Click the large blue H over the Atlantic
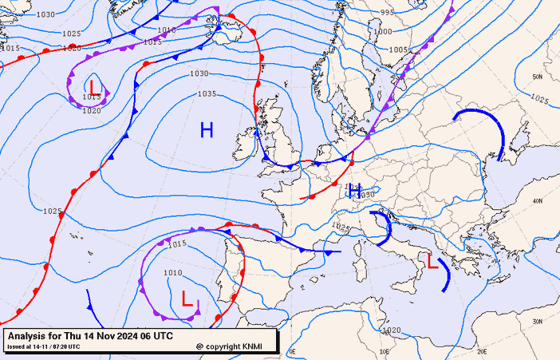pos(207,129)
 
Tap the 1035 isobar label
pos(207,94)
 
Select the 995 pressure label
pos(388,13)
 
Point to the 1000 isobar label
pos(383,32)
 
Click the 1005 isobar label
pos(398,49)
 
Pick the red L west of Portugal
pos(187,299)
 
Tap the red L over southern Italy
pos(432,261)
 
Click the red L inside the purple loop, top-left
pos(95,86)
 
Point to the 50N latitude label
pos(537,77)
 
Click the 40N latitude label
pos(538,201)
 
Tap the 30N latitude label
pos(538,322)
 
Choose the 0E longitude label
pos(292,351)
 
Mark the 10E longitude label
pos(385,351)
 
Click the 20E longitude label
pos(482,351)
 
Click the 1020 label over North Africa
pos(392,330)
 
